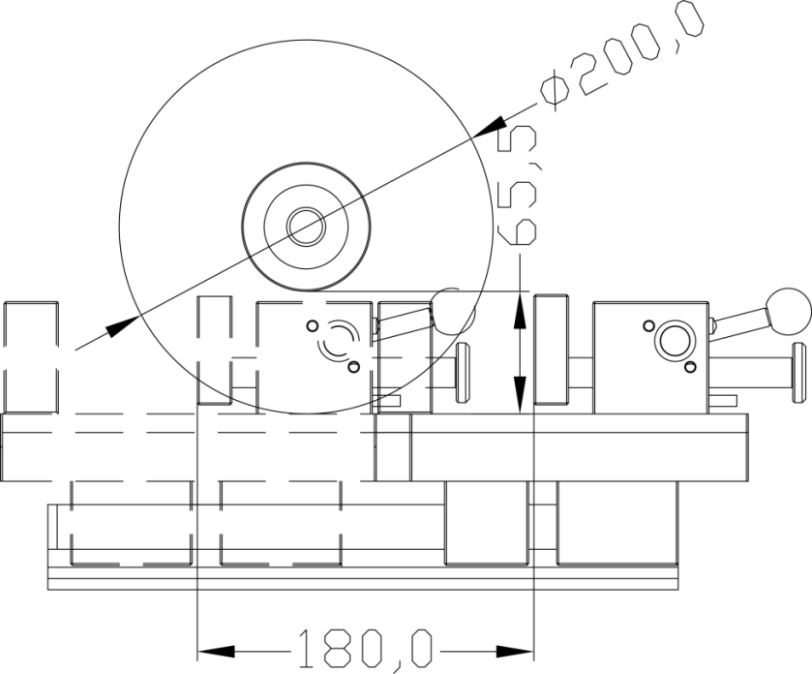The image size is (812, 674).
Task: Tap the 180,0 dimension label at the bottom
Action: click(365, 650)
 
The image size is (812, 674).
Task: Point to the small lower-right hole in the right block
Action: click(690, 367)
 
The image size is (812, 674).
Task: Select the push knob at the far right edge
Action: click(798, 372)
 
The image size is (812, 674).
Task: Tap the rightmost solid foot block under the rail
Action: click(617, 523)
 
